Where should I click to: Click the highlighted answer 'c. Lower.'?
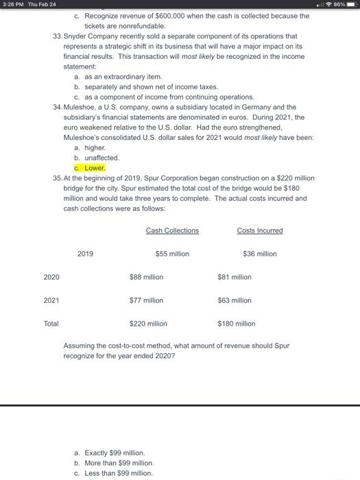[x=89, y=167]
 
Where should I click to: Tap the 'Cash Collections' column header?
[x=172, y=230]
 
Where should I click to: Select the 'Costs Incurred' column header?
[x=260, y=230]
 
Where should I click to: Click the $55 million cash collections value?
[x=172, y=254]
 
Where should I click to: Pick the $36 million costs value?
[x=260, y=254]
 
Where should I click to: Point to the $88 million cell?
[x=146, y=277]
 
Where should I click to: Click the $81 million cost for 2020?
[x=234, y=277]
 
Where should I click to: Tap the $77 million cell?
[x=146, y=300]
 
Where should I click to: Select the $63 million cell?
[x=234, y=300]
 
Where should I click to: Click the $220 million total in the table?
[x=148, y=324]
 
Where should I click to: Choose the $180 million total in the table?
[x=236, y=324]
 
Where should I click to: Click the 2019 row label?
[x=85, y=254]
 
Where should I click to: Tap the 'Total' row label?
[x=51, y=324]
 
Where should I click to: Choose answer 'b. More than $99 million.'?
[x=113, y=463]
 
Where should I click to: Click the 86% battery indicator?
[x=345, y=5]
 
